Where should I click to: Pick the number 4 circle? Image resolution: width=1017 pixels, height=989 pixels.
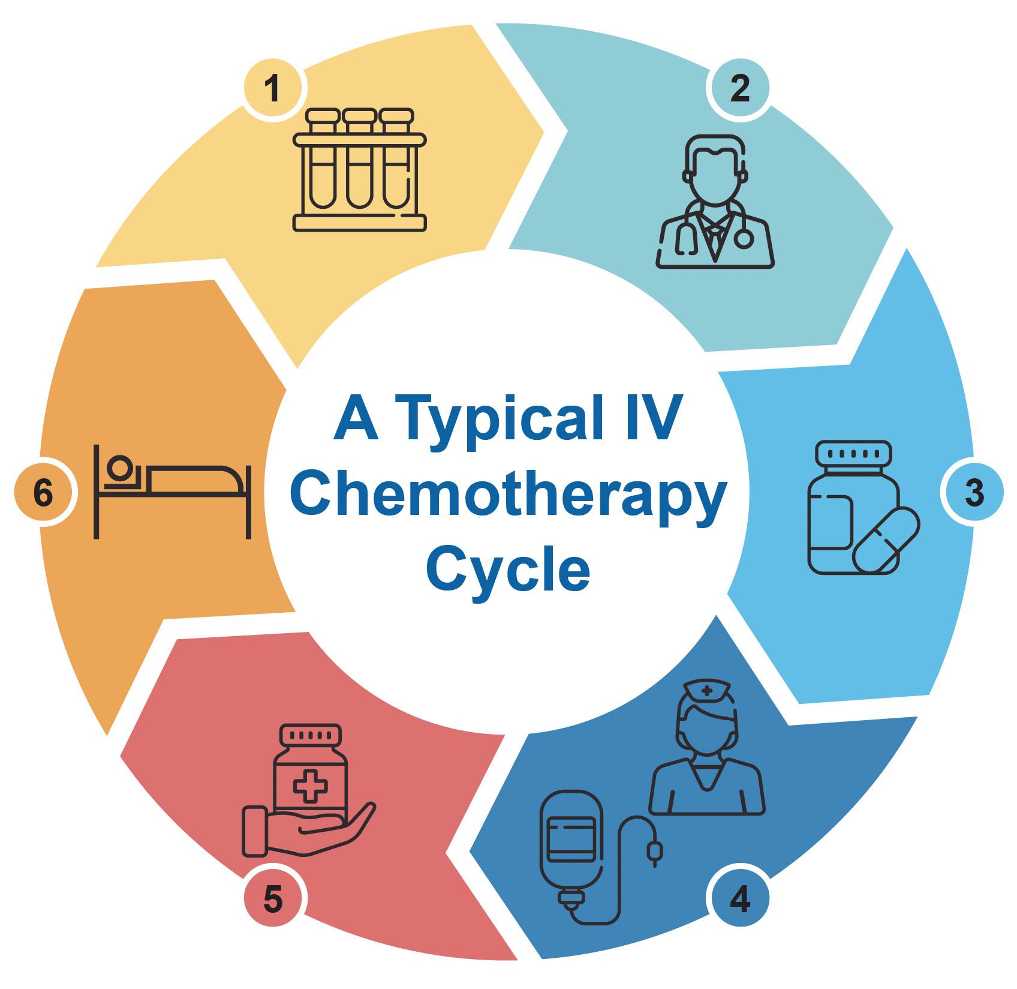[741, 901]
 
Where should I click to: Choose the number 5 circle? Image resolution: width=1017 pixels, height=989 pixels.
[273, 901]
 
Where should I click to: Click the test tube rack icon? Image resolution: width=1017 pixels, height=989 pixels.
[360, 169]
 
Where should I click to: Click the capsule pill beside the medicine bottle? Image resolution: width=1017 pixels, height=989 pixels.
[886, 540]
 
